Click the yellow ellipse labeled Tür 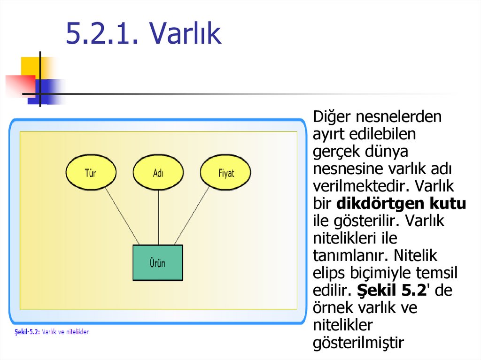tap(90, 173)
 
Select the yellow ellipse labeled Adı tap(158, 173)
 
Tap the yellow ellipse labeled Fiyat tap(225, 173)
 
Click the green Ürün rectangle tap(158, 263)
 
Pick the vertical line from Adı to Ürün tap(158, 216)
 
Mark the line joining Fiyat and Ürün tap(192, 215)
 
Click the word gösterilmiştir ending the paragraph tap(358, 343)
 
